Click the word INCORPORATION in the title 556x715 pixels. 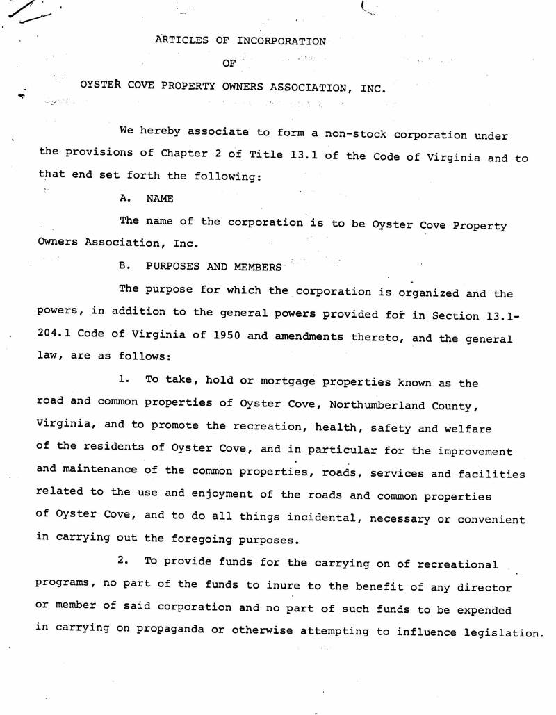(281, 41)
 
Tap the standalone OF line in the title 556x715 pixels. (229, 64)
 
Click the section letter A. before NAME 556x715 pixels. (126, 199)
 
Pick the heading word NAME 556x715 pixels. (160, 199)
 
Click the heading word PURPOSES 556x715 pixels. (172, 267)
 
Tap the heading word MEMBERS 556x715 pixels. (258, 267)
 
